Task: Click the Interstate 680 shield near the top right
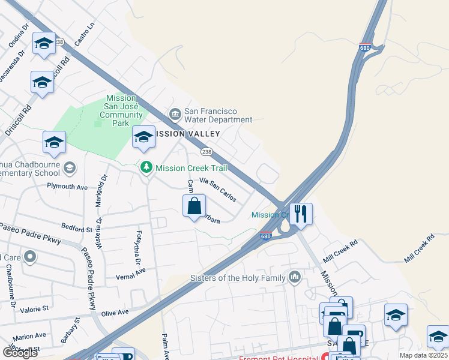[365, 47]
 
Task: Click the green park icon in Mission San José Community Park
[98, 123]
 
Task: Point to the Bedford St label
[76, 228]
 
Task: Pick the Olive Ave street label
[115, 313]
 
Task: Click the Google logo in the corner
[20, 352]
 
